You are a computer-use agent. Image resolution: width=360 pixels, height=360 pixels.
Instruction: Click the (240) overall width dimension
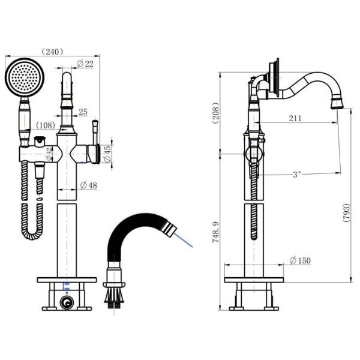pyautogui.click(x=52, y=52)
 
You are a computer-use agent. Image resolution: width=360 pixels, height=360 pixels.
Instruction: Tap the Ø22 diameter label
pyautogui.click(x=85, y=64)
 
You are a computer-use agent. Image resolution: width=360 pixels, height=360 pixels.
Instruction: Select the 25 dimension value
pyautogui.click(x=83, y=112)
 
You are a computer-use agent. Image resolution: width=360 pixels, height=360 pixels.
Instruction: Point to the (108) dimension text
pyautogui.click(x=46, y=125)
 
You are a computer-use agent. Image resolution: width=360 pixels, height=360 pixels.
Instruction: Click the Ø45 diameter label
pyautogui.click(x=107, y=154)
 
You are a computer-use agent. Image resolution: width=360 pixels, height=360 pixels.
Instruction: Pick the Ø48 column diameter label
pyautogui.click(x=89, y=185)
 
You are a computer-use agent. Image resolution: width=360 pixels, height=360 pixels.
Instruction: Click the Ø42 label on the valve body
pyautogui.click(x=49, y=154)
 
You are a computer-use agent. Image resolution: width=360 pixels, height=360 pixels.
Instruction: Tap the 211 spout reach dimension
pyautogui.click(x=295, y=118)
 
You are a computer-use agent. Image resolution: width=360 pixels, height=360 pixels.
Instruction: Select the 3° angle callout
pyautogui.click(x=296, y=175)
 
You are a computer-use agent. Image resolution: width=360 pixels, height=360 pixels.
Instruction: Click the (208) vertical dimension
pyautogui.click(x=215, y=113)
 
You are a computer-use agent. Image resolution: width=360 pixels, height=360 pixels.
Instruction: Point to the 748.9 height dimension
pyautogui.click(x=215, y=232)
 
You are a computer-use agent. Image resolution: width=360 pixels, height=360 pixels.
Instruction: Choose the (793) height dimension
pyautogui.click(x=346, y=212)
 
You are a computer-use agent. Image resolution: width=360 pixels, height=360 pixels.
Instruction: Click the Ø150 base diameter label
pyautogui.click(x=300, y=260)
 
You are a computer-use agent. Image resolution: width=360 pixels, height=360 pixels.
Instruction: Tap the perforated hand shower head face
pyautogui.click(x=24, y=77)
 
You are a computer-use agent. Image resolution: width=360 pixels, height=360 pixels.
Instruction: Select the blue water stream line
pyautogui.click(x=183, y=239)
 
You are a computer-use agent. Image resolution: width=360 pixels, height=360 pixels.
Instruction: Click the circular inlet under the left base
pyautogui.click(x=67, y=303)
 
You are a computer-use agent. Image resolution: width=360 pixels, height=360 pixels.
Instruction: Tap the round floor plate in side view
pyautogui.click(x=254, y=280)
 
